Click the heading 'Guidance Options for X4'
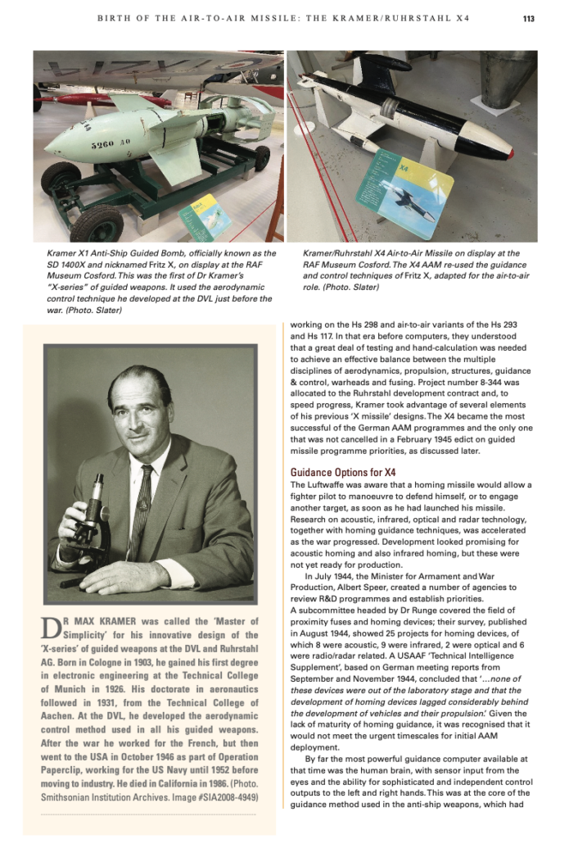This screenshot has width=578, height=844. pos(343,472)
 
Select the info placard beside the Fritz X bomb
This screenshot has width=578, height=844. pos(204,216)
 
